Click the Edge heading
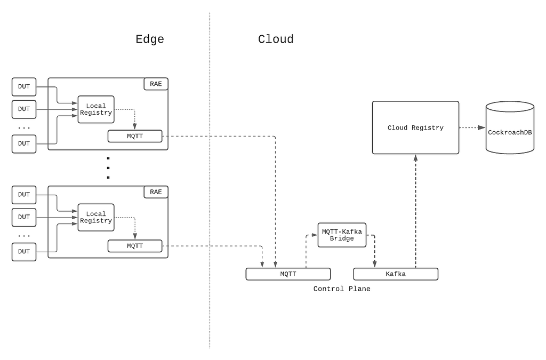coord(150,39)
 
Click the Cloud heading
coord(276,39)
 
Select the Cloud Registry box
coord(415,127)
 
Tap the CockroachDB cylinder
coord(510,127)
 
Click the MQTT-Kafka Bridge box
coord(342,235)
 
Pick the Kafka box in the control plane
coord(396,274)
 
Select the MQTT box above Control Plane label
coord(288,274)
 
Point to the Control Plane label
coord(342,289)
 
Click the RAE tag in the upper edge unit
coord(156,84)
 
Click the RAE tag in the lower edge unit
coord(156,192)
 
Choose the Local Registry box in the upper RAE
coord(96,109)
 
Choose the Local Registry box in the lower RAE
coord(96,217)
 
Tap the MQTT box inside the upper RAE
coord(135,136)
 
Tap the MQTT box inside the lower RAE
coord(135,246)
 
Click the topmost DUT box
coord(24,87)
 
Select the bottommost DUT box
coord(24,252)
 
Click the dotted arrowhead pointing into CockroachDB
coord(481,127)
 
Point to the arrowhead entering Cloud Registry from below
coord(415,158)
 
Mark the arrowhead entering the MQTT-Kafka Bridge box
coord(314,235)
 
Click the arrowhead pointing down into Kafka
coord(375,264)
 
